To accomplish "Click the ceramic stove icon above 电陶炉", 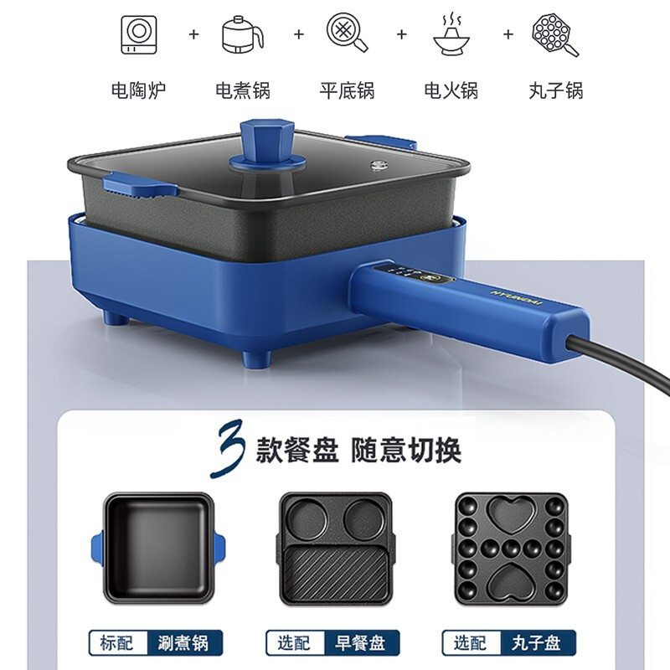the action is (139, 34).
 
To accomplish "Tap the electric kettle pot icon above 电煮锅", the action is (242, 34).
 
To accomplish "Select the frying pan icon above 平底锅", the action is (347, 33).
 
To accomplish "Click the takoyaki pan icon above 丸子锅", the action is (554, 34).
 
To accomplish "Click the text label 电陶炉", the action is (138, 90).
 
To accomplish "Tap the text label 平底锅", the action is (347, 90).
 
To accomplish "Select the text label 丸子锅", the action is (556, 90).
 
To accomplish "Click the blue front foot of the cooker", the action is (256, 358).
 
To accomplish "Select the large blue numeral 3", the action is (229, 449).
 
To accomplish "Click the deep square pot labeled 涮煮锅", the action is (158, 548).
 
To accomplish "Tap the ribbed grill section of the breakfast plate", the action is (335, 573).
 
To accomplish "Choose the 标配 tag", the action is (117, 642).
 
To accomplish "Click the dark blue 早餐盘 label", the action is (362, 642).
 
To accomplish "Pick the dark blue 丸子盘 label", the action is (537, 642).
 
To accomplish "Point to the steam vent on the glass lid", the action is (377, 165).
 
